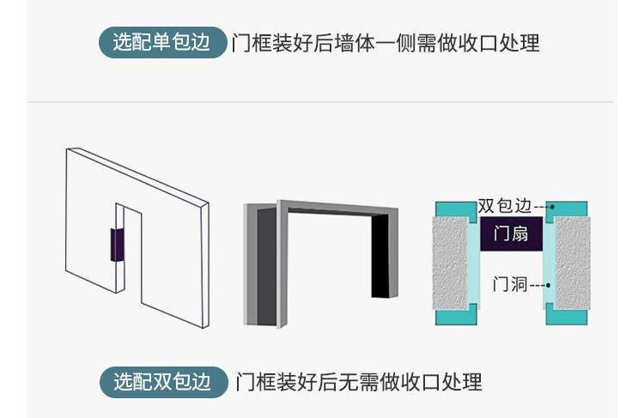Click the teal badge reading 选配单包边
[162, 42]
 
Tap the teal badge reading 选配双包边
[162, 381]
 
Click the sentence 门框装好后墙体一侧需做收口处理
[386, 42]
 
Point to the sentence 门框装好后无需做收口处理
[358, 381]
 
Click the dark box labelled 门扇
[510, 233]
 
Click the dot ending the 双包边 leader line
[552, 207]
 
